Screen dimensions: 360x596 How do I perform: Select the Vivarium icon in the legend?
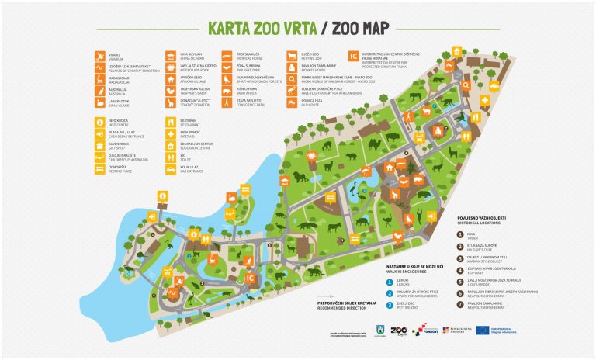point(100,56)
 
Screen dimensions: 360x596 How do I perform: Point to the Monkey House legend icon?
point(290,67)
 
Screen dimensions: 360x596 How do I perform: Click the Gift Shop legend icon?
point(100,144)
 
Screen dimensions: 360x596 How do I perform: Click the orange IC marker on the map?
point(251,277)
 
